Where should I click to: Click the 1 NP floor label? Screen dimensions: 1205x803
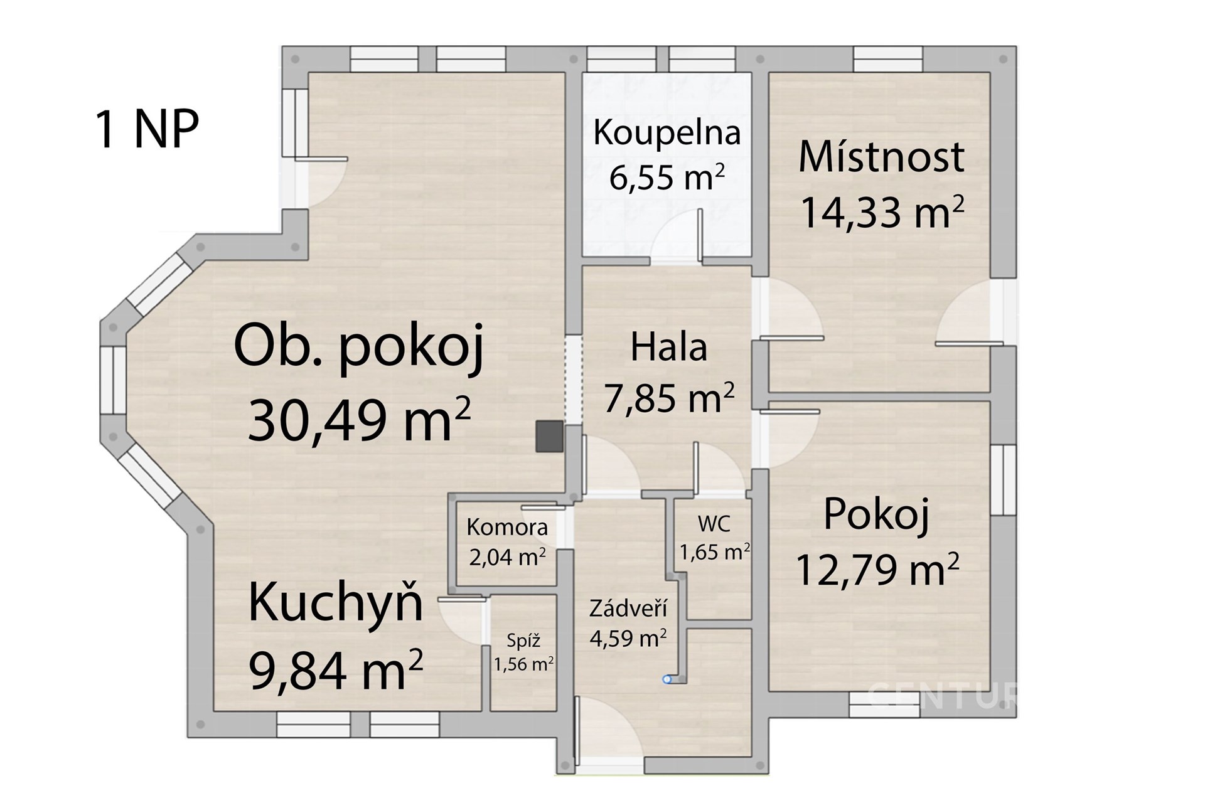coord(147,129)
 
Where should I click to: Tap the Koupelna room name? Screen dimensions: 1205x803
coord(667,134)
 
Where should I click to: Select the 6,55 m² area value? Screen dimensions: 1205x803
coord(667,177)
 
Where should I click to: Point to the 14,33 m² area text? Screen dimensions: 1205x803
coord(882,213)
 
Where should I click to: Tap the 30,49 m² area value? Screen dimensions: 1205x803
coord(359,421)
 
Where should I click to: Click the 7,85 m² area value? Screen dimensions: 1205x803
coord(668,397)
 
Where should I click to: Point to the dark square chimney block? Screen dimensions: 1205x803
coord(549,437)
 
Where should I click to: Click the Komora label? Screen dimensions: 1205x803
coord(507,527)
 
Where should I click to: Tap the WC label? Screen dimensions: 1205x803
coord(714,524)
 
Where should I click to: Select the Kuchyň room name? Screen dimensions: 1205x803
coord(336,602)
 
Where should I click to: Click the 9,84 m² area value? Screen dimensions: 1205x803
coord(336,670)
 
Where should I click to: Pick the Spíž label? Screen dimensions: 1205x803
coord(523,641)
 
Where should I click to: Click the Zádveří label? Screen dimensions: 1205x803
coord(628,609)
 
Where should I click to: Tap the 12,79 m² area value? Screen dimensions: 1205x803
coord(877,569)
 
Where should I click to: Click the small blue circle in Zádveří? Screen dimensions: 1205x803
coord(667,679)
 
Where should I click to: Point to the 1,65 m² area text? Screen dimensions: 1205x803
coord(715,551)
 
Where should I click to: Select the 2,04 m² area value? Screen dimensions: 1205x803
coord(507,556)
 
